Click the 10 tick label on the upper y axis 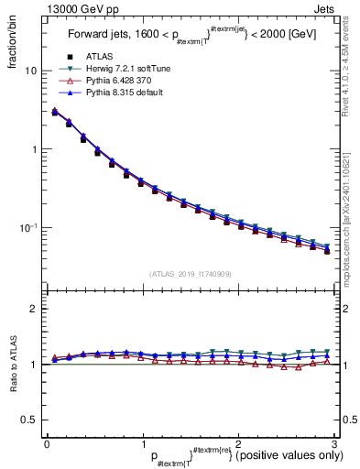pyautogui.click(x=30, y=71)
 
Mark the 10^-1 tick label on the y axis pyautogui.click(x=27, y=227)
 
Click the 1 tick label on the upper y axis pyautogui.click(x=33, y=149)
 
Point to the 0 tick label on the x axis pyautogui.click(x=47, y=442)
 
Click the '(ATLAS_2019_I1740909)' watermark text pyautogui.click(x=190, y=273)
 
